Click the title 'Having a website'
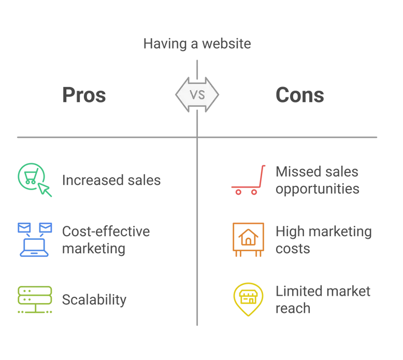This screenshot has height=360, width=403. click(197, 44)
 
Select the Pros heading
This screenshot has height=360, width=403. click(84, 95)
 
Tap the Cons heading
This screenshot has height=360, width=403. click(300, 95)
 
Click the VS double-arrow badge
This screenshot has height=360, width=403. click(197, 95)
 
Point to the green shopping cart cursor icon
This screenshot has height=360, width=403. click(35, 180)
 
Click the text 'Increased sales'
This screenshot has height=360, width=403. click(111, 180)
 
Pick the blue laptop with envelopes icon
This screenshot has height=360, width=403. click(35, 240)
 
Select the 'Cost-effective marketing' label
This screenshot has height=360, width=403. click(106, 240)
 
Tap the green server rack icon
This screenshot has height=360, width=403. click(35, 299)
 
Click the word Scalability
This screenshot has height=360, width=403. click(94, 300)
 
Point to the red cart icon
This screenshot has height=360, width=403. click(248, 180)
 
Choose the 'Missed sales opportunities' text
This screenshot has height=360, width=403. click(318, 180)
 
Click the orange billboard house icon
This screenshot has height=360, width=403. click(248, 240)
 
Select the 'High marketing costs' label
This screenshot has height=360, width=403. click(324, 240)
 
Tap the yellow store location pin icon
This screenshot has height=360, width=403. click(248, 299)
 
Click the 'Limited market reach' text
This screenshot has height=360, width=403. click(323, 300)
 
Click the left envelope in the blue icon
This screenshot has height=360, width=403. click(24, 228)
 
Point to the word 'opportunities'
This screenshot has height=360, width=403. click(318, 190)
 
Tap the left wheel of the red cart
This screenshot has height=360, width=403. click(238, 192)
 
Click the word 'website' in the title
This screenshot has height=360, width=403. click(226, 44)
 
